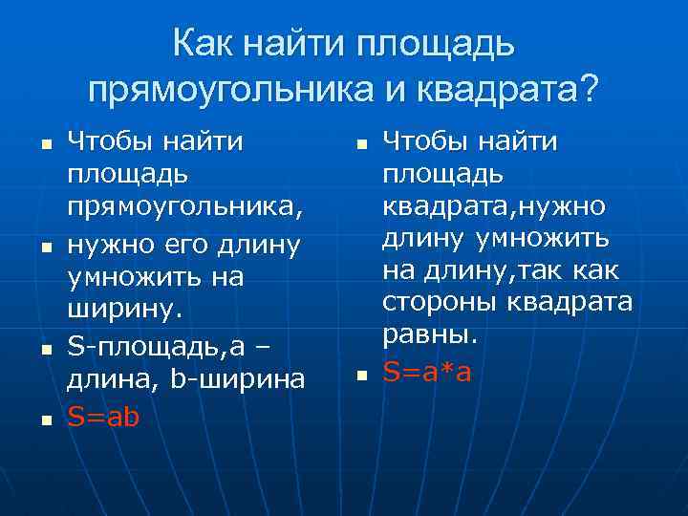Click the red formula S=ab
pyautogui.click(x=103, y=416)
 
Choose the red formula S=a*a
pyautogui.click(x=427, y=372)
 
